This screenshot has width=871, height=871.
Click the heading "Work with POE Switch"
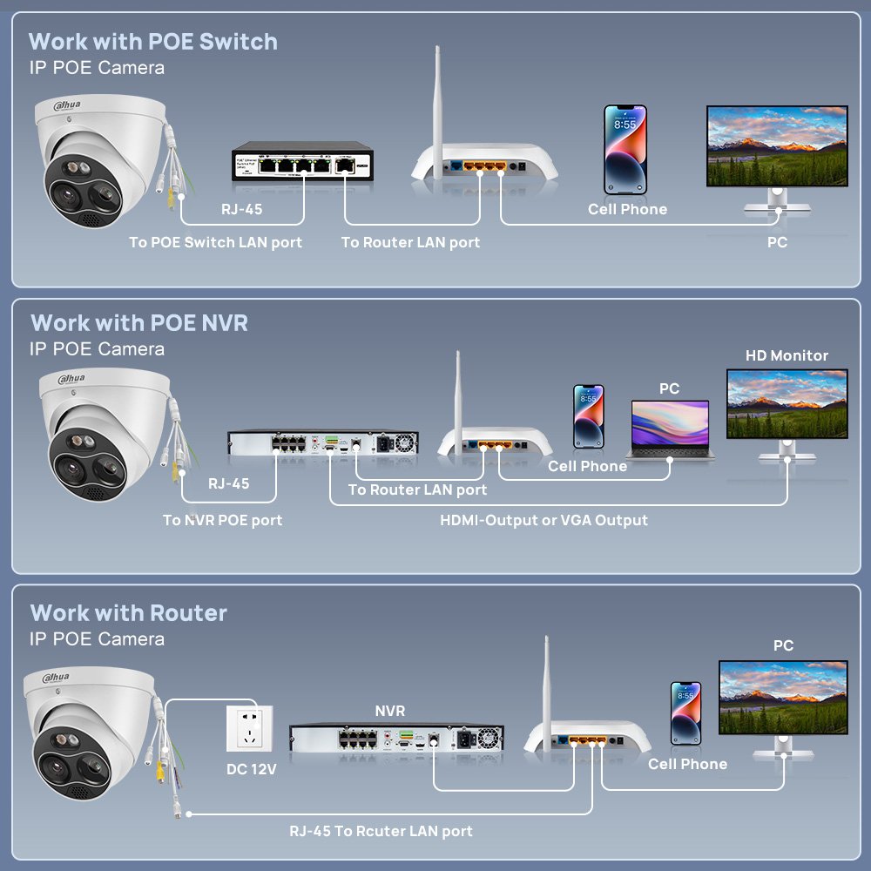pos(152,42)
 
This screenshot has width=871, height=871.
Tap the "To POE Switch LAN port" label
pos(215,242)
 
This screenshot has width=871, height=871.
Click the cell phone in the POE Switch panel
pos(625,150)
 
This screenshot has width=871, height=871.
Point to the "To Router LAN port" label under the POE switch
pos(410,242)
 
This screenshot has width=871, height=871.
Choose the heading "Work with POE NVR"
pos(139,323)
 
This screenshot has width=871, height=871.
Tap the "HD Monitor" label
pos(787,355)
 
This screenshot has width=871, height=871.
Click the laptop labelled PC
pos(669,429)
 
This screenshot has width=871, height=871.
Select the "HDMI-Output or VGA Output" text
pos(544,520)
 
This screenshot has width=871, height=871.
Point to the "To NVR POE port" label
pos(222,520)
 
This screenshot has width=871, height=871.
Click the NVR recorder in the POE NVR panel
pos(323,443)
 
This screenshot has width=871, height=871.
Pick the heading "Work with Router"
pos(128,613)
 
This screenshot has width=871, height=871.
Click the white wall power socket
pos(249,727)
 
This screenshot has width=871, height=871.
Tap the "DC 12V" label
pos(250,770)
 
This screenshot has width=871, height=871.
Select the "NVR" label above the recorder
pos(389,712)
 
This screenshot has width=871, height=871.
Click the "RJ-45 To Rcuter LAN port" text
pos(381,831)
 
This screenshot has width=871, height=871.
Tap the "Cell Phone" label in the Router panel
pos(687,764)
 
